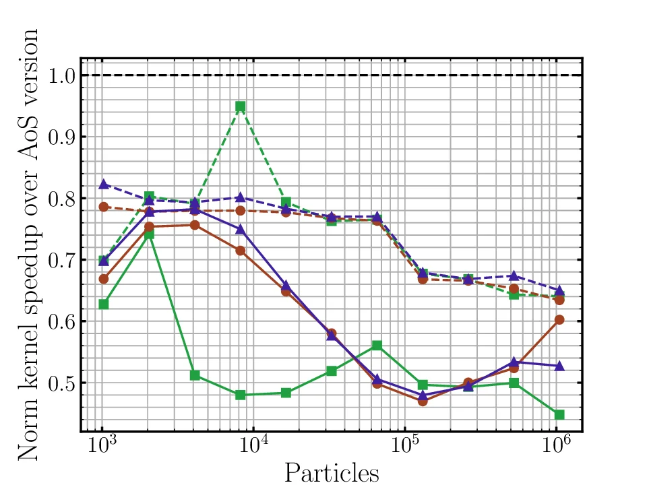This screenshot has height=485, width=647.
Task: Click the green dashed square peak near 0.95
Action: (240, 106)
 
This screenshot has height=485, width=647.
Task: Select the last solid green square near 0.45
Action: (559, 414)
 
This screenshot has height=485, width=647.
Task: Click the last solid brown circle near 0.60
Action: (559, 319)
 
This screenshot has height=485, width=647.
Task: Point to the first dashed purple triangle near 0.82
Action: (104, 184)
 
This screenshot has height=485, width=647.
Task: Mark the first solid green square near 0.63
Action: (104, 304)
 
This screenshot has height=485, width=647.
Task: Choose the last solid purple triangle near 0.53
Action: (559, 366)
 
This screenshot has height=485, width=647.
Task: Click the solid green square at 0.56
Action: (377, 346)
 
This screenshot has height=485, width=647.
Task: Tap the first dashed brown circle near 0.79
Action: (104, 207)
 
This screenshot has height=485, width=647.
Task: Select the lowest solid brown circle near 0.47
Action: (423, 401)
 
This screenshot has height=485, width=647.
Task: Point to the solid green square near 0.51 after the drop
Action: (195, 375)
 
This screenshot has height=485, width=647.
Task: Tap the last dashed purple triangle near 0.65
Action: (559, 290)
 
